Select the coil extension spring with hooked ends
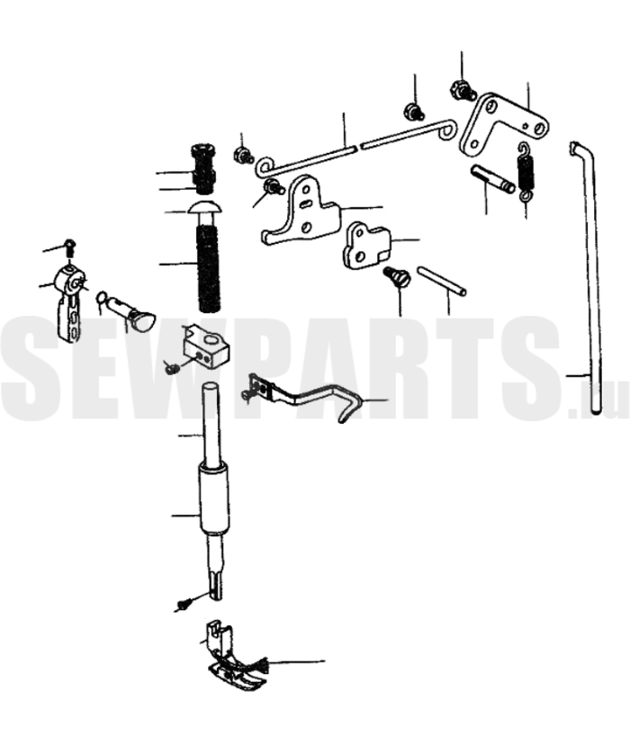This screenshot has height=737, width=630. coord(526,172)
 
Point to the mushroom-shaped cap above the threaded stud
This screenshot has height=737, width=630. coord(204,208)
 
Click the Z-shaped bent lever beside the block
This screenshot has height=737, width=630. coord(306,397)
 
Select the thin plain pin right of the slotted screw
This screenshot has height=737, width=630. coord(442,281)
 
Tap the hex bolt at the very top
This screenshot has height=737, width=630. coord(463,89)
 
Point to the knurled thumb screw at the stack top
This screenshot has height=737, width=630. coord(204,167)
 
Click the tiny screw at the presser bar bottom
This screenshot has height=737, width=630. coord(184,605)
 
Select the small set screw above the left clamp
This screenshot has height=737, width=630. coord(70,247)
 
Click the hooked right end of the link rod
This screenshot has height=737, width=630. coord(447,130)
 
